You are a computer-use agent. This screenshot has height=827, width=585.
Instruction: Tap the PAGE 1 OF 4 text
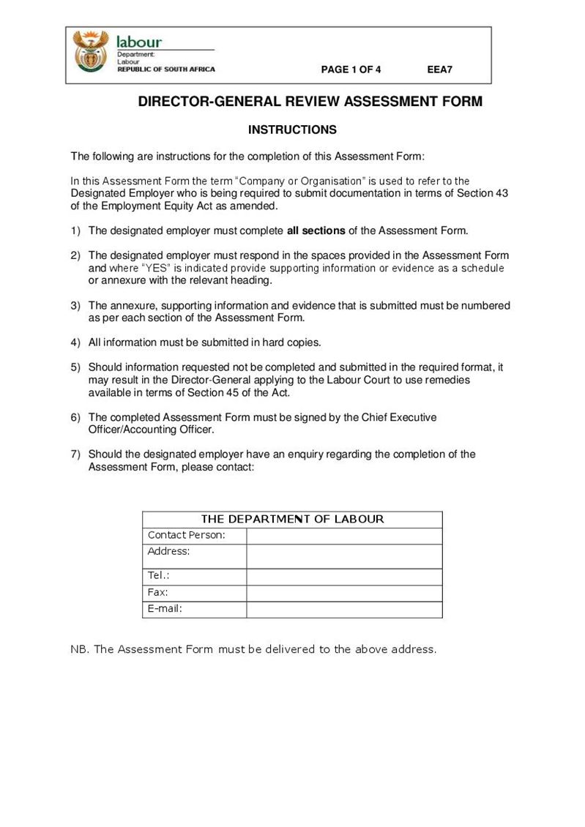tap(351, 70)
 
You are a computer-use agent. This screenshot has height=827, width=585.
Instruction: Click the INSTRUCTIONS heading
tap(292, 130)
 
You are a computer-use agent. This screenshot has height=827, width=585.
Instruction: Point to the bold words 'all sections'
tap(316, 231)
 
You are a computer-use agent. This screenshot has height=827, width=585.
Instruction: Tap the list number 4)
tap(75, 342)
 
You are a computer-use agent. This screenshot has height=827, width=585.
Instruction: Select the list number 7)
tap(75, 454)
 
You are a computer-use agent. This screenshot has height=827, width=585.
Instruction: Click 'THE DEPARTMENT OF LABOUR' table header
tap(292, 519)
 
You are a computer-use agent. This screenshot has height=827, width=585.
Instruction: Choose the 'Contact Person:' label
tap(187, 535)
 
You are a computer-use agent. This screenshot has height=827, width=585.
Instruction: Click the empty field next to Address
tap(344, 556)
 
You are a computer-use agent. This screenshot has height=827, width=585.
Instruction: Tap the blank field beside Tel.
tap(344, 577)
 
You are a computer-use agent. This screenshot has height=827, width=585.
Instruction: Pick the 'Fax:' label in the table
tap(158, 592)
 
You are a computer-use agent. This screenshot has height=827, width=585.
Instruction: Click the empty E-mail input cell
tap(344, 609)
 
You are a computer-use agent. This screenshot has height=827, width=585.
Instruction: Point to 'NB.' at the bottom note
tap(79, 649)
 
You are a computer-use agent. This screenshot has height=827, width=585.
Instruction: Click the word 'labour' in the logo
tap(139, 42)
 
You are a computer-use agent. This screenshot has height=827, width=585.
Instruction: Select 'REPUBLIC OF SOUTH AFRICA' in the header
tap(166, 70)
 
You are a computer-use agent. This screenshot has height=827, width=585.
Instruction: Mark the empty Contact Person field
tap(344, 536)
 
